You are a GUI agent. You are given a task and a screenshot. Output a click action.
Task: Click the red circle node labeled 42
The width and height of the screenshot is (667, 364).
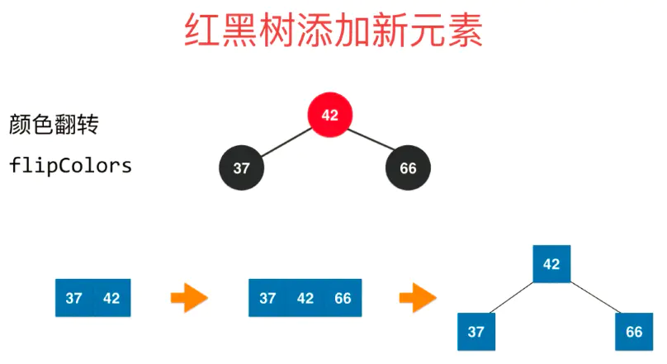point(329,116)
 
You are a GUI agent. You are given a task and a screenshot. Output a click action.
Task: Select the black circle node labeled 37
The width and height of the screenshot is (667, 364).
point(241,168)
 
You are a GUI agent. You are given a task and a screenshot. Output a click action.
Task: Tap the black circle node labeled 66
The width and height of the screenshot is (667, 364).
point(408,168)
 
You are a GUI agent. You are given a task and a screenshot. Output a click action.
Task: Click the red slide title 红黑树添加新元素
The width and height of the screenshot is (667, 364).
point(333,32)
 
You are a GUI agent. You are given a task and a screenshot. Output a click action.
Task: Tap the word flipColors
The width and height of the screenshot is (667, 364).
point(71,165)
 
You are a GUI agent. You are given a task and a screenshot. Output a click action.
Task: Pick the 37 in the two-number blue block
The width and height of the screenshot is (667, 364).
point(73,298)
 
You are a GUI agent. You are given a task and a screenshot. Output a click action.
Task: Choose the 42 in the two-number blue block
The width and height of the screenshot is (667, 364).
point(111,298)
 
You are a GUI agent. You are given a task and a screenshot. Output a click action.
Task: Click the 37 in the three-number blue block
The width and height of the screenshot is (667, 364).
point(267,298)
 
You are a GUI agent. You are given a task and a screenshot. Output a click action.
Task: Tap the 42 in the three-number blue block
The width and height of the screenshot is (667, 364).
point(305,298)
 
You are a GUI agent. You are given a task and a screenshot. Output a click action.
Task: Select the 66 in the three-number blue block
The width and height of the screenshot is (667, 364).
point(343,298)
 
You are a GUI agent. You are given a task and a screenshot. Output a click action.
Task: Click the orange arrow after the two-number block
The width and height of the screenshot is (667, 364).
point(189,298)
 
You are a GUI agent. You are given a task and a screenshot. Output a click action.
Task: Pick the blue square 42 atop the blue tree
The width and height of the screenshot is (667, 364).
point(551,264)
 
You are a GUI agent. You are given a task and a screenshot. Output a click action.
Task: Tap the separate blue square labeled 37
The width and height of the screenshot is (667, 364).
point(475,331)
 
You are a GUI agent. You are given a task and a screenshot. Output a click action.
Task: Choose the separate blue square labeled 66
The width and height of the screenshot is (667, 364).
point(634,331)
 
